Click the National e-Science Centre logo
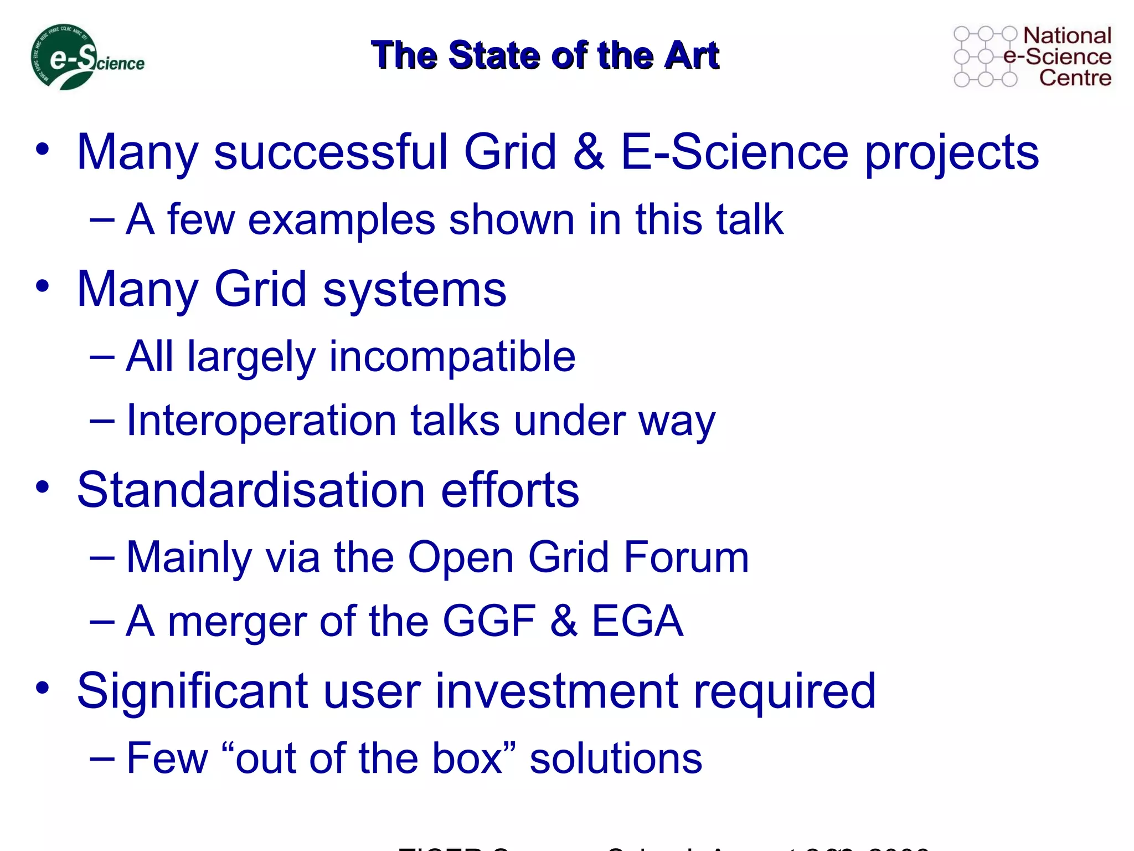(1032, 57)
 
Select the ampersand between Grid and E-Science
(589, 152)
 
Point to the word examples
(342, 220)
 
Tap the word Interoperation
(261, 421)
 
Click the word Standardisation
(250, 489)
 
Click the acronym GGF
(489, 621)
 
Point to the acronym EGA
(637, 621)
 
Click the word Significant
(192, 691)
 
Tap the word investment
(556, 691)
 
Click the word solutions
(616, 758)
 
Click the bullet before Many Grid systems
(43, 286)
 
